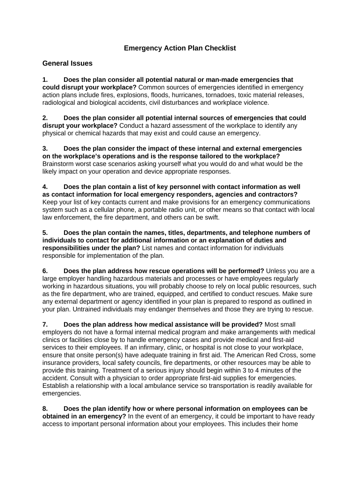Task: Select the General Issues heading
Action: point(67,63)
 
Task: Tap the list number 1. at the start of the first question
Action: point(45,80)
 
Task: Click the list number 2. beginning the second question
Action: point(45,118)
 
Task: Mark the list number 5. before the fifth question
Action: point(45,232)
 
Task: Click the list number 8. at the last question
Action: point(45,408)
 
